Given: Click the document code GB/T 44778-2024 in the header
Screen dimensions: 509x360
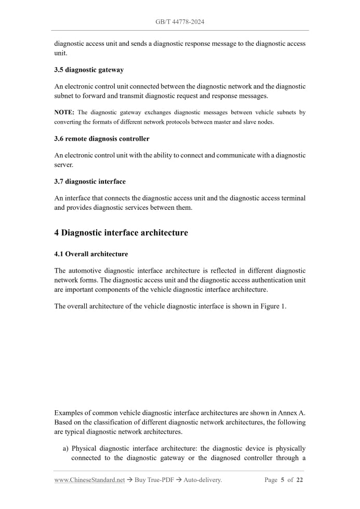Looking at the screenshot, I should pos(180,22).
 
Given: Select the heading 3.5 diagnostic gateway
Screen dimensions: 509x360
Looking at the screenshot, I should pos(89,70).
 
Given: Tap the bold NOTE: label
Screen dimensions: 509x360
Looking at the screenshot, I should pos(64,112).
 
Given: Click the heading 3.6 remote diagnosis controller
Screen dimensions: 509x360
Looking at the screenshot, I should pos(102,139).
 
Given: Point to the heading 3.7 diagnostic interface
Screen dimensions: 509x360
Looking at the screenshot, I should pos(90,181).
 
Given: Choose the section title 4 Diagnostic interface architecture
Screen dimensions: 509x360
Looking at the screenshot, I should pos(121,233).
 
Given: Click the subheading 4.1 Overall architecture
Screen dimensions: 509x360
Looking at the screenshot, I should pos(91,254).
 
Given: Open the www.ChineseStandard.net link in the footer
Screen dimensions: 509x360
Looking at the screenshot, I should pos(89,480).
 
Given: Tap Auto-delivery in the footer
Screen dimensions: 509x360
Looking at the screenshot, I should pos(203,480).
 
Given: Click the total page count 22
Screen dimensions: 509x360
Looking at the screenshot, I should pos(299,480).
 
